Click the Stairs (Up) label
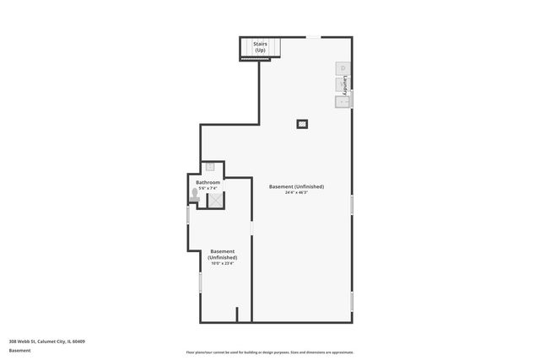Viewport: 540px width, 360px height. click(260, 47)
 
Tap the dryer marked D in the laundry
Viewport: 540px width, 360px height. click(341, 68)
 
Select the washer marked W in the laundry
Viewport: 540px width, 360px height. click(341, 84)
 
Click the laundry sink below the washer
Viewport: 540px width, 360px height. click(342, 102)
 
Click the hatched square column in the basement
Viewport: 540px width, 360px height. click(301, 124)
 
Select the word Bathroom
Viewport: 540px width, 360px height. click(208, 182)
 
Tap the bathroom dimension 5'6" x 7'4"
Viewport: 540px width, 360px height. click(208, 188)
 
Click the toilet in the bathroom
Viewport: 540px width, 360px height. click(195, 194)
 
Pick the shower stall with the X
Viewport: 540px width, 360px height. click(215, 199)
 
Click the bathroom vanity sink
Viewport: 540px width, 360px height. click(210, 167)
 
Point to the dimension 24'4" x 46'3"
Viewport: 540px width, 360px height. click(296, 192)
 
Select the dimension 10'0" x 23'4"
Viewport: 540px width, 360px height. click(223, 263)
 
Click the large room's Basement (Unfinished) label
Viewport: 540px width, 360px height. click(296, 186)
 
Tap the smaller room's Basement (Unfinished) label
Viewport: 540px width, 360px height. click(223, 254)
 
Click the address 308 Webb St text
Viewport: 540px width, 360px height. click(47, 341)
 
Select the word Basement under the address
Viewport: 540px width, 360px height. click(21, 350)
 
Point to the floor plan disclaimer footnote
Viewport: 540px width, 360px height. click(269, 352)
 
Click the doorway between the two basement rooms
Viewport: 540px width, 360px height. click(252, 228)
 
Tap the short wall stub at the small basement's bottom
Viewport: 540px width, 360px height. click(237, 314)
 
